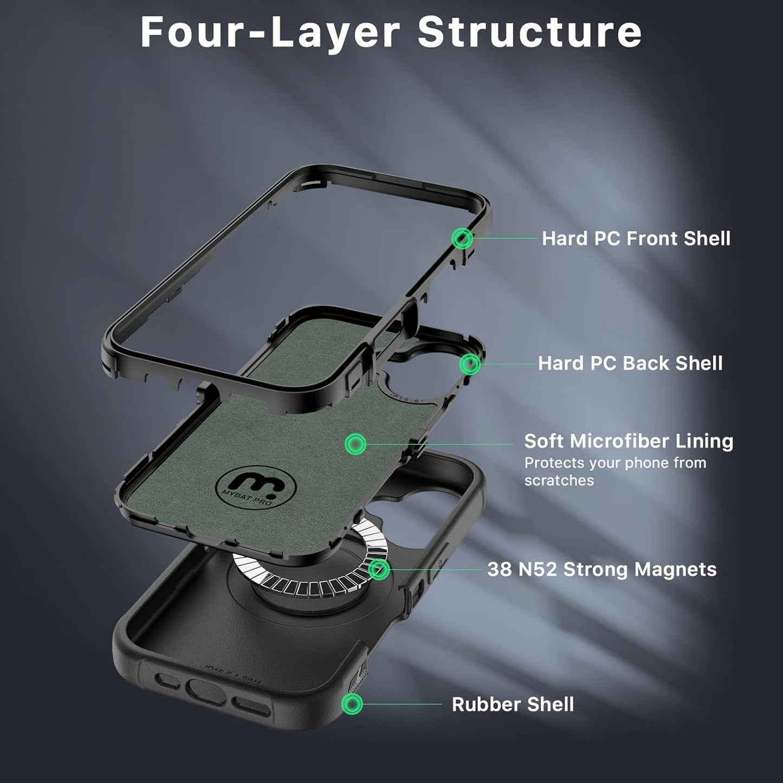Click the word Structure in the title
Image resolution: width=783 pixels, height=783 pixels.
(529, 33)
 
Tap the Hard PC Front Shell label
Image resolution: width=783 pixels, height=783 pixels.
(636, 238)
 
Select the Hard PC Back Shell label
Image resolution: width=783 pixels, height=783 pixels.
(630, 363)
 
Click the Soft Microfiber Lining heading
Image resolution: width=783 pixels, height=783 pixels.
(629, 441)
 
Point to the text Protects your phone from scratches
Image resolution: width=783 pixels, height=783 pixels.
(614, 471)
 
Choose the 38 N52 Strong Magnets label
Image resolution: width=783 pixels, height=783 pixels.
(601, 570)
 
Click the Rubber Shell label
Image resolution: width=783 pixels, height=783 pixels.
(513, 704)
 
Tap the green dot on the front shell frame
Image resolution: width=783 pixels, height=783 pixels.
(462, 238)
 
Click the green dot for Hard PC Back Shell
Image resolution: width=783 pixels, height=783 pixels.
(469, 364)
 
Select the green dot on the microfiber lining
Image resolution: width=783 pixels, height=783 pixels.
(355, 444)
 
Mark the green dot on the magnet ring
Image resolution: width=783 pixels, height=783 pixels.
(379, 570)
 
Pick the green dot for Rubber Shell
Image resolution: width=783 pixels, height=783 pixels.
(352, 704)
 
